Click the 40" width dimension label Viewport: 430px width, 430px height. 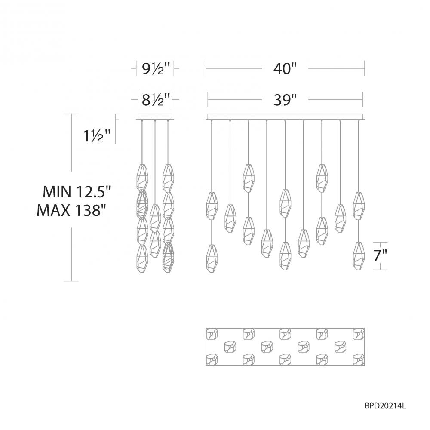click(x=285, y=68)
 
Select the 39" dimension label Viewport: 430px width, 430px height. click(x=285, y=100)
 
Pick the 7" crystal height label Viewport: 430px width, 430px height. click(x=381, y=256)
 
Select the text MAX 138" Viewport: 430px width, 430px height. click(x=71, y=210)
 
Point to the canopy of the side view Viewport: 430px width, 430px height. click(x=154, y=116)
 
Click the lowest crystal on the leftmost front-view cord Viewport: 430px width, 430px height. click(x=212, y=258)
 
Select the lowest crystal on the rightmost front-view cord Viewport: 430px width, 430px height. click(x=358, y=255)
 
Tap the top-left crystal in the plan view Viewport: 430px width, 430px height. click(x=212, y=333)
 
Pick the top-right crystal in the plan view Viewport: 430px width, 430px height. click(x=359, y=333)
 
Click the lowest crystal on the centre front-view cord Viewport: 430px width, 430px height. click(x=285, y=255)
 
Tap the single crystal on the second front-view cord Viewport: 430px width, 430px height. click(x=230, y=218)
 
